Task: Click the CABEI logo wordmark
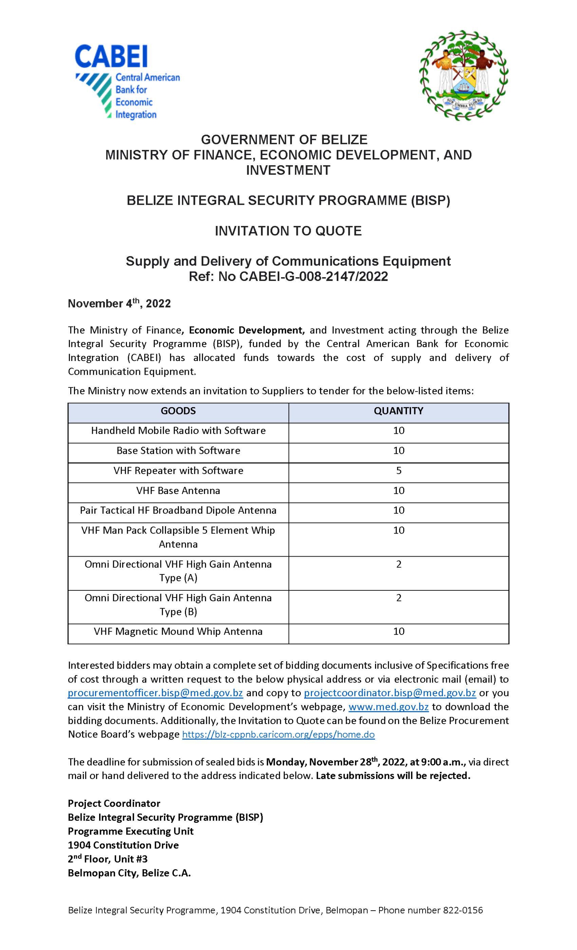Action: pos(111,57)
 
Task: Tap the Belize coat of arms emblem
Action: pos(464,76)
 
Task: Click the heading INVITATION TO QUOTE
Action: pos(288,231)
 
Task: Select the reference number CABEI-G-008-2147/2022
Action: pos(313,276)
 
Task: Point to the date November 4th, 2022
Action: pos(119,304)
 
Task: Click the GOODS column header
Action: pos(178,411)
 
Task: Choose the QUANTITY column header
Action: pos(398,411)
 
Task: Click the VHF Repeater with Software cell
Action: pos(178,471)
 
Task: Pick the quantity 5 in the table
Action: pos(399,471)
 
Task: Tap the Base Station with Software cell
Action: pos(178,451)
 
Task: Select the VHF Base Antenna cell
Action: pos(178,491)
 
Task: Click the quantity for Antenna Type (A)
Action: pos(399,564)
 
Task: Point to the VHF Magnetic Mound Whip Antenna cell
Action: pos(178,632)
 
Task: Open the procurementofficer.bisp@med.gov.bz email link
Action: pos(156,693)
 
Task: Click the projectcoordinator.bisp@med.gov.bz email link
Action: pos(390,693)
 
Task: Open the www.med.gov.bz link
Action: pos(388,707)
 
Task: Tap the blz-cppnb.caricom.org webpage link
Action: pos(278,734)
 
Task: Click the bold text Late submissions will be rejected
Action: pos(393,776)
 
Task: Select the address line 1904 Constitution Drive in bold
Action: pos(123,845)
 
